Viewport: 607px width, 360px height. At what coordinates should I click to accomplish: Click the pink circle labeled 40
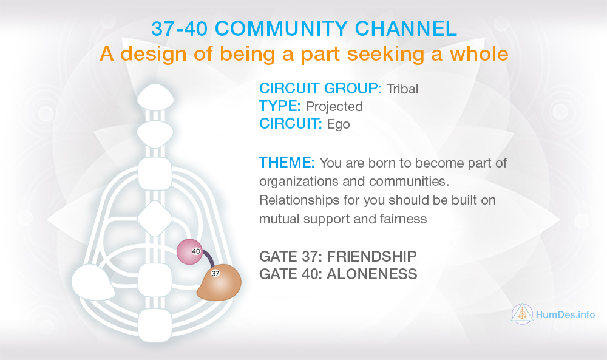tap(189, 251)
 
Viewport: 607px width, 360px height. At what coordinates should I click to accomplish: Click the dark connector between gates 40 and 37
tap(209, 259)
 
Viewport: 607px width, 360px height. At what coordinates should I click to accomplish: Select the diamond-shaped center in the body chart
tap(155, 219)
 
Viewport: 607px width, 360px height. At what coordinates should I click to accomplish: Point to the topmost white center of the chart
tap(155, 97)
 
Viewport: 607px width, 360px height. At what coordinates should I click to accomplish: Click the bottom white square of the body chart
tap(155, 325)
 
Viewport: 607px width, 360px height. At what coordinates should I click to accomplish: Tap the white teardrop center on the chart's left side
tap(92, 282)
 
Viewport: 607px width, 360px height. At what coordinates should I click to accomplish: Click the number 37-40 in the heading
tap(179, 29)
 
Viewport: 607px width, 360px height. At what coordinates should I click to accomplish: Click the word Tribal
tap(402, 89)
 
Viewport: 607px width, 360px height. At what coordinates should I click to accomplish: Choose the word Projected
tap(334, 106)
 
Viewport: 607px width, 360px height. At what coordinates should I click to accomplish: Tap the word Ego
tap(338, 124)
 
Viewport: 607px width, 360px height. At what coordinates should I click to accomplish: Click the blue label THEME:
tap(287, 163)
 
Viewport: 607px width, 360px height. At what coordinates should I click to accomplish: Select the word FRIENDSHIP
tap(371, 256)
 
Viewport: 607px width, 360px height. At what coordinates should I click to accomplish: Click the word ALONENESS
tap(372, 274)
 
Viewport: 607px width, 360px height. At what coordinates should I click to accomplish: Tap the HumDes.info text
tap(565, 314)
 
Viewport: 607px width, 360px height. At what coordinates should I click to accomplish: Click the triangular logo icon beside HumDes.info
tap(522, 313)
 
